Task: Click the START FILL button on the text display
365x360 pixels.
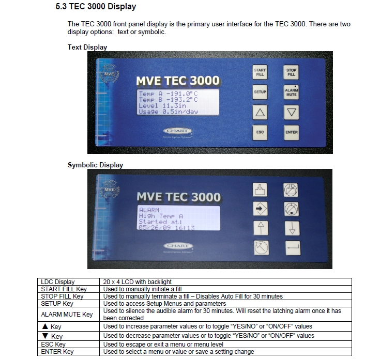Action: (x=260, y=72)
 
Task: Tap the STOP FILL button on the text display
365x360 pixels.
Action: (x=291, y=72)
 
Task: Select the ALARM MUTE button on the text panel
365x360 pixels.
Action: (x=291, y=92)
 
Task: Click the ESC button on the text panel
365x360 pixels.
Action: (x=260, y=132)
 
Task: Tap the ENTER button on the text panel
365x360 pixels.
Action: (x=291, y=132)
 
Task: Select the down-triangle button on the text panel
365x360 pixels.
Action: (x=291, y=112)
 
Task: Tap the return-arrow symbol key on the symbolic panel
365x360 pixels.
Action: (x=291, y=249)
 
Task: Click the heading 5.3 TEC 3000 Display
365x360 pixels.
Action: (x=96, y=7)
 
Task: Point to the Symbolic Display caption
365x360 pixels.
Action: (x=95, y=165)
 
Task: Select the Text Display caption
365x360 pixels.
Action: (x=87, y=47)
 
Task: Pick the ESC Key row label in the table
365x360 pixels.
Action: (x=53, y=344)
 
